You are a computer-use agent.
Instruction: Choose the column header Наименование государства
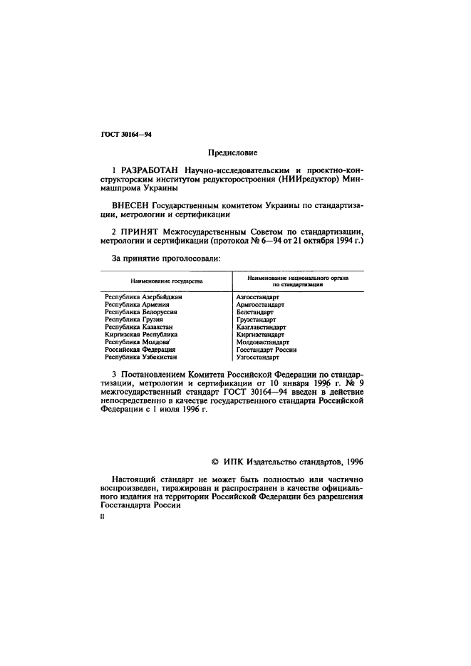click(162, 281)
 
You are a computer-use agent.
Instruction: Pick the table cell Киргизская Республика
click(140, 334)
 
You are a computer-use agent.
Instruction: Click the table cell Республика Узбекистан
click(140, 358)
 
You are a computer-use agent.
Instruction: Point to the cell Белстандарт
click(255, 311)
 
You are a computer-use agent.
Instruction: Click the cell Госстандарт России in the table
click(266, 350)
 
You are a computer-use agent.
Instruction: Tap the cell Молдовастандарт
click(262, 342)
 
